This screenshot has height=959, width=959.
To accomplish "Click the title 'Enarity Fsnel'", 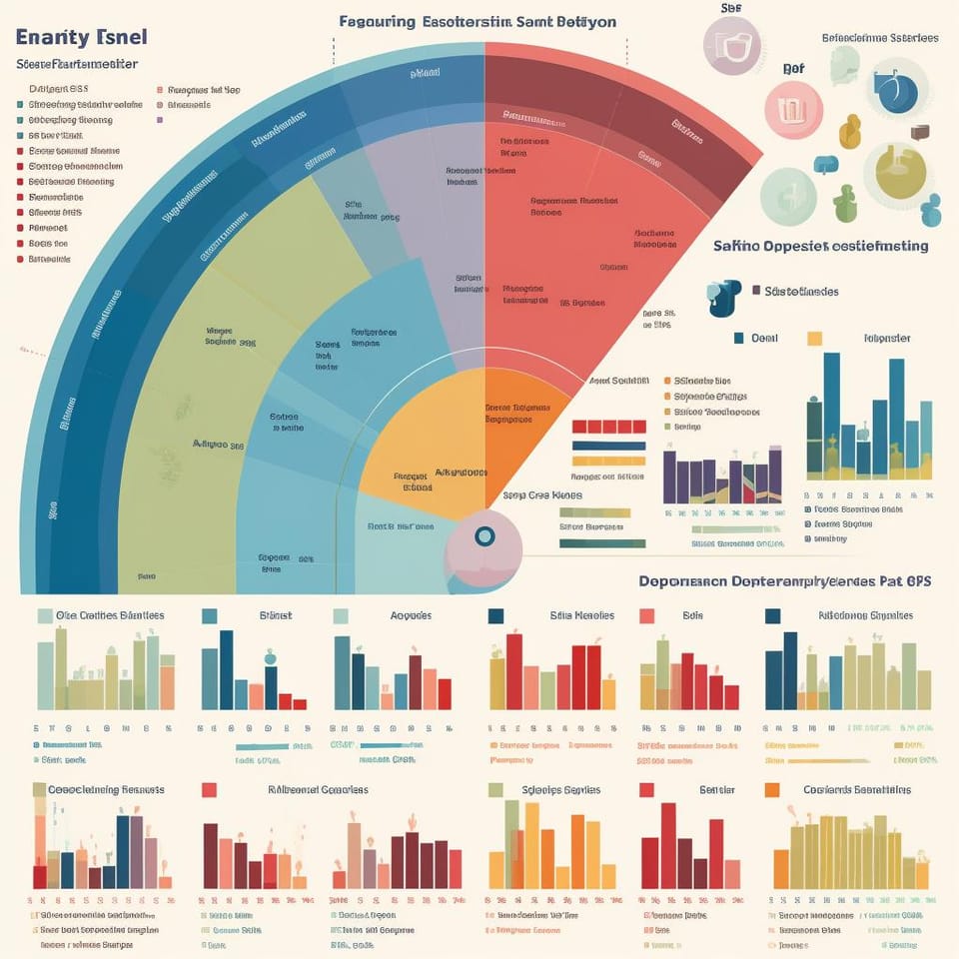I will (x=82, y=37).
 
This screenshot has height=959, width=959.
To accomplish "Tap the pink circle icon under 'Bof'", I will (x=793, y=110).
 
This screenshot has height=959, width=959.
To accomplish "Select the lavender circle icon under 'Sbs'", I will (x=738, y=45).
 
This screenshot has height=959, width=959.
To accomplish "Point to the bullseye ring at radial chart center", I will (x=484, y=536).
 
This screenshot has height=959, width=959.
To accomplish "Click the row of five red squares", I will (x=608, y=427).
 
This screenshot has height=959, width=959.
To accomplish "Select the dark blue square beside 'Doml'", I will (x=739, y=339).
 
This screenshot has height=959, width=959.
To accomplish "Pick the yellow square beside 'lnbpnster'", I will (x=814, y=339).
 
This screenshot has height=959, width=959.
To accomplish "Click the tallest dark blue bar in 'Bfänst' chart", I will (x=227, y=669).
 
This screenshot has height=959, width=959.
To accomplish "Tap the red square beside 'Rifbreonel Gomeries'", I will (x=210, y=790).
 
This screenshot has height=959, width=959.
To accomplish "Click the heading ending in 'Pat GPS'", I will (x=784, y=580).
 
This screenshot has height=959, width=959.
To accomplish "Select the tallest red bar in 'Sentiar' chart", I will (x=667, y=845).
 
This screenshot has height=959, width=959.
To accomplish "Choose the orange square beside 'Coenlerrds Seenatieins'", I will (x=771, y=790).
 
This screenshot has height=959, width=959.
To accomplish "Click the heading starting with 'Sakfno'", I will (x=820, y=246).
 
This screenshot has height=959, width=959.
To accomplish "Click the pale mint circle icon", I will (x=788, y=197).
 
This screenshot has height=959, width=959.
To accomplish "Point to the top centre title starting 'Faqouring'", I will (x=477, y=21).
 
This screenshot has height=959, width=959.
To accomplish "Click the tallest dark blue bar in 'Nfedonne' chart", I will (x=790, y=670).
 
